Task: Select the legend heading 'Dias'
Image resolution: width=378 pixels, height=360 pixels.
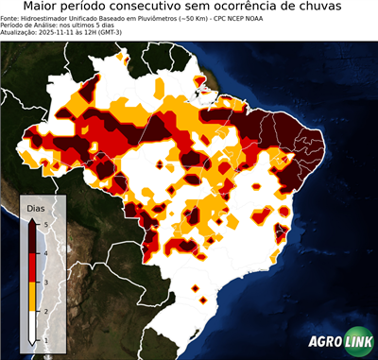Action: click(x=36, y=207)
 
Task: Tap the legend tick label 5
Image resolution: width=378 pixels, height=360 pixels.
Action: click(x=45, y=224)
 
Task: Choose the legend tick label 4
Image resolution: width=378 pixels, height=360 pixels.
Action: click(x=45, y=253)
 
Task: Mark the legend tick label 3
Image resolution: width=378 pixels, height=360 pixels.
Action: click(x=45, y=283)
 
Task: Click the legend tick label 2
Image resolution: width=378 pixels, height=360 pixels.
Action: click(x=45, y=311)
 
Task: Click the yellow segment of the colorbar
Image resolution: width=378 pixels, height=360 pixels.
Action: click(x=32, y=297)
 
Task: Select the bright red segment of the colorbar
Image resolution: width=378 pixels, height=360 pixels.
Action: click(x=32, y=268)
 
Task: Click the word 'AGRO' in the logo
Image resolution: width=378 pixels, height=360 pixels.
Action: click(x=323, y=341)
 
